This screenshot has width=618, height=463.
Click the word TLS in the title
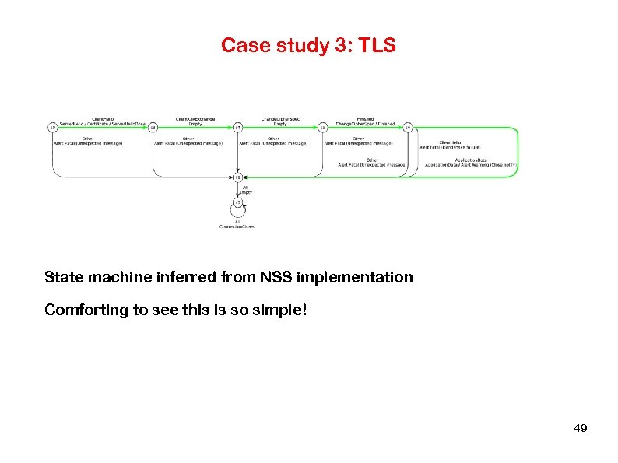[378, 46]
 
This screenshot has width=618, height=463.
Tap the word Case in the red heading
[241, 46]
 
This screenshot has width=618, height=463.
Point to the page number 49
[580, 429]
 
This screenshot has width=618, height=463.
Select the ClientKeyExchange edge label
[195, 118]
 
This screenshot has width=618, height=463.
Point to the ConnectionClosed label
[237, 226]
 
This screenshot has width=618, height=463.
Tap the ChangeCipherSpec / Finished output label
[366, 123]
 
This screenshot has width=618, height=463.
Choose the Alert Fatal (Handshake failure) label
[451, 147]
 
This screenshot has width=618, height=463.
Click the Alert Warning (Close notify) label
[491, 165]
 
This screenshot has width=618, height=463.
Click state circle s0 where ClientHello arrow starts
[52, 128]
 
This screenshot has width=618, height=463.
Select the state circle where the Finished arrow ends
[408, 128]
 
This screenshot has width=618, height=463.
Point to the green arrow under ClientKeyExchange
[195, 128]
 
